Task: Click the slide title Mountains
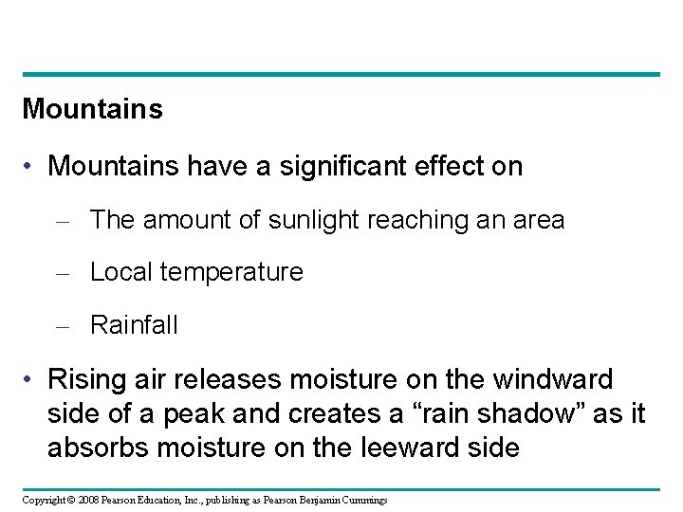pyautogui.click(x=92, y=109)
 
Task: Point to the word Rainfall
pyautogui.click(x=133, y=325)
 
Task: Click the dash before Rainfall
pyautogui.click(x=65, y=326)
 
